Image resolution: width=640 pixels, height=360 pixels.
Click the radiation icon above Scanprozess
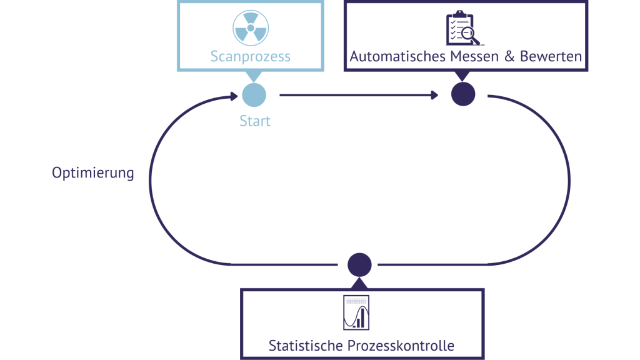(x=250, y=28)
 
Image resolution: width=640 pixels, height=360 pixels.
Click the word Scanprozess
(x=250, y=56)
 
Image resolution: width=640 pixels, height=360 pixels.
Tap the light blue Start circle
(x=254, y=95)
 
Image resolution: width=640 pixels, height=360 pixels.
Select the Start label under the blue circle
(x=254, y=121)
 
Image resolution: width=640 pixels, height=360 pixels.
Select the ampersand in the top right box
(x=509, y=56)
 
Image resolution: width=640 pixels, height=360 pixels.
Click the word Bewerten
(x=551, y=56)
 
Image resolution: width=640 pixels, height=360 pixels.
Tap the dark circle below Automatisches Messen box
(x=463, y=95)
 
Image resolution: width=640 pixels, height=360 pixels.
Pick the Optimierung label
(x=92, y=173)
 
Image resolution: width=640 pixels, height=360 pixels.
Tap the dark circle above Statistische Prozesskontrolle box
(x=359, y=264)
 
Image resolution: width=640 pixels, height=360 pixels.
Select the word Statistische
(x=304, y=345)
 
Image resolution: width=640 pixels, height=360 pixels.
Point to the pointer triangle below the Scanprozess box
(x=254, y=75)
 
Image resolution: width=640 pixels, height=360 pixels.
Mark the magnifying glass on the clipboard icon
(x=469, y=36)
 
